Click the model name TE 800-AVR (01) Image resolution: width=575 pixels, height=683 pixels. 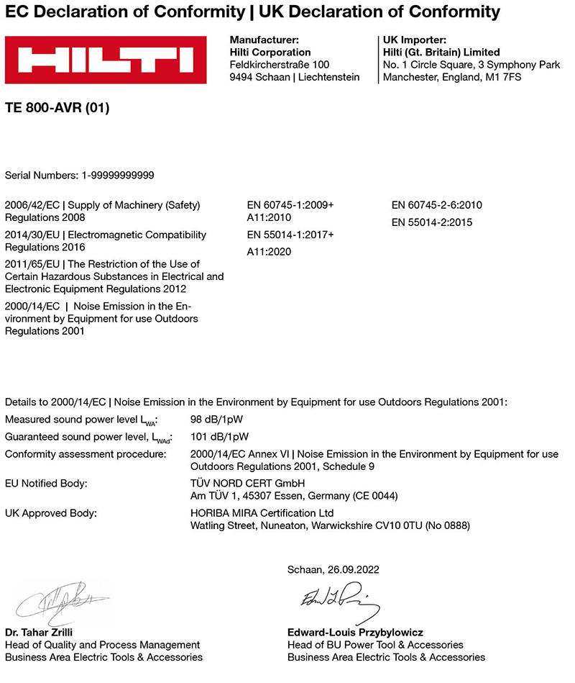[57, 109]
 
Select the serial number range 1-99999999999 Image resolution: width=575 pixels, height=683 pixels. [114, 175]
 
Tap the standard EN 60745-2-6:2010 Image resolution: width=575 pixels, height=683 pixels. [436, 205]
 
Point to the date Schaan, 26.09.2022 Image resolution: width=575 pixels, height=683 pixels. [333, 569]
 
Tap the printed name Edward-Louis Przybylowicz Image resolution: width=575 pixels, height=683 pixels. [355, 633]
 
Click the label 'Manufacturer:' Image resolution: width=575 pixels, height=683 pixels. [264, 40]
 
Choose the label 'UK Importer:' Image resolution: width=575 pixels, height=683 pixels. [415, 40]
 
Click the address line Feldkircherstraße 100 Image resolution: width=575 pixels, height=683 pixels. [280, 65]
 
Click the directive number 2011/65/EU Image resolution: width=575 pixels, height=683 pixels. [32, 264]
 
